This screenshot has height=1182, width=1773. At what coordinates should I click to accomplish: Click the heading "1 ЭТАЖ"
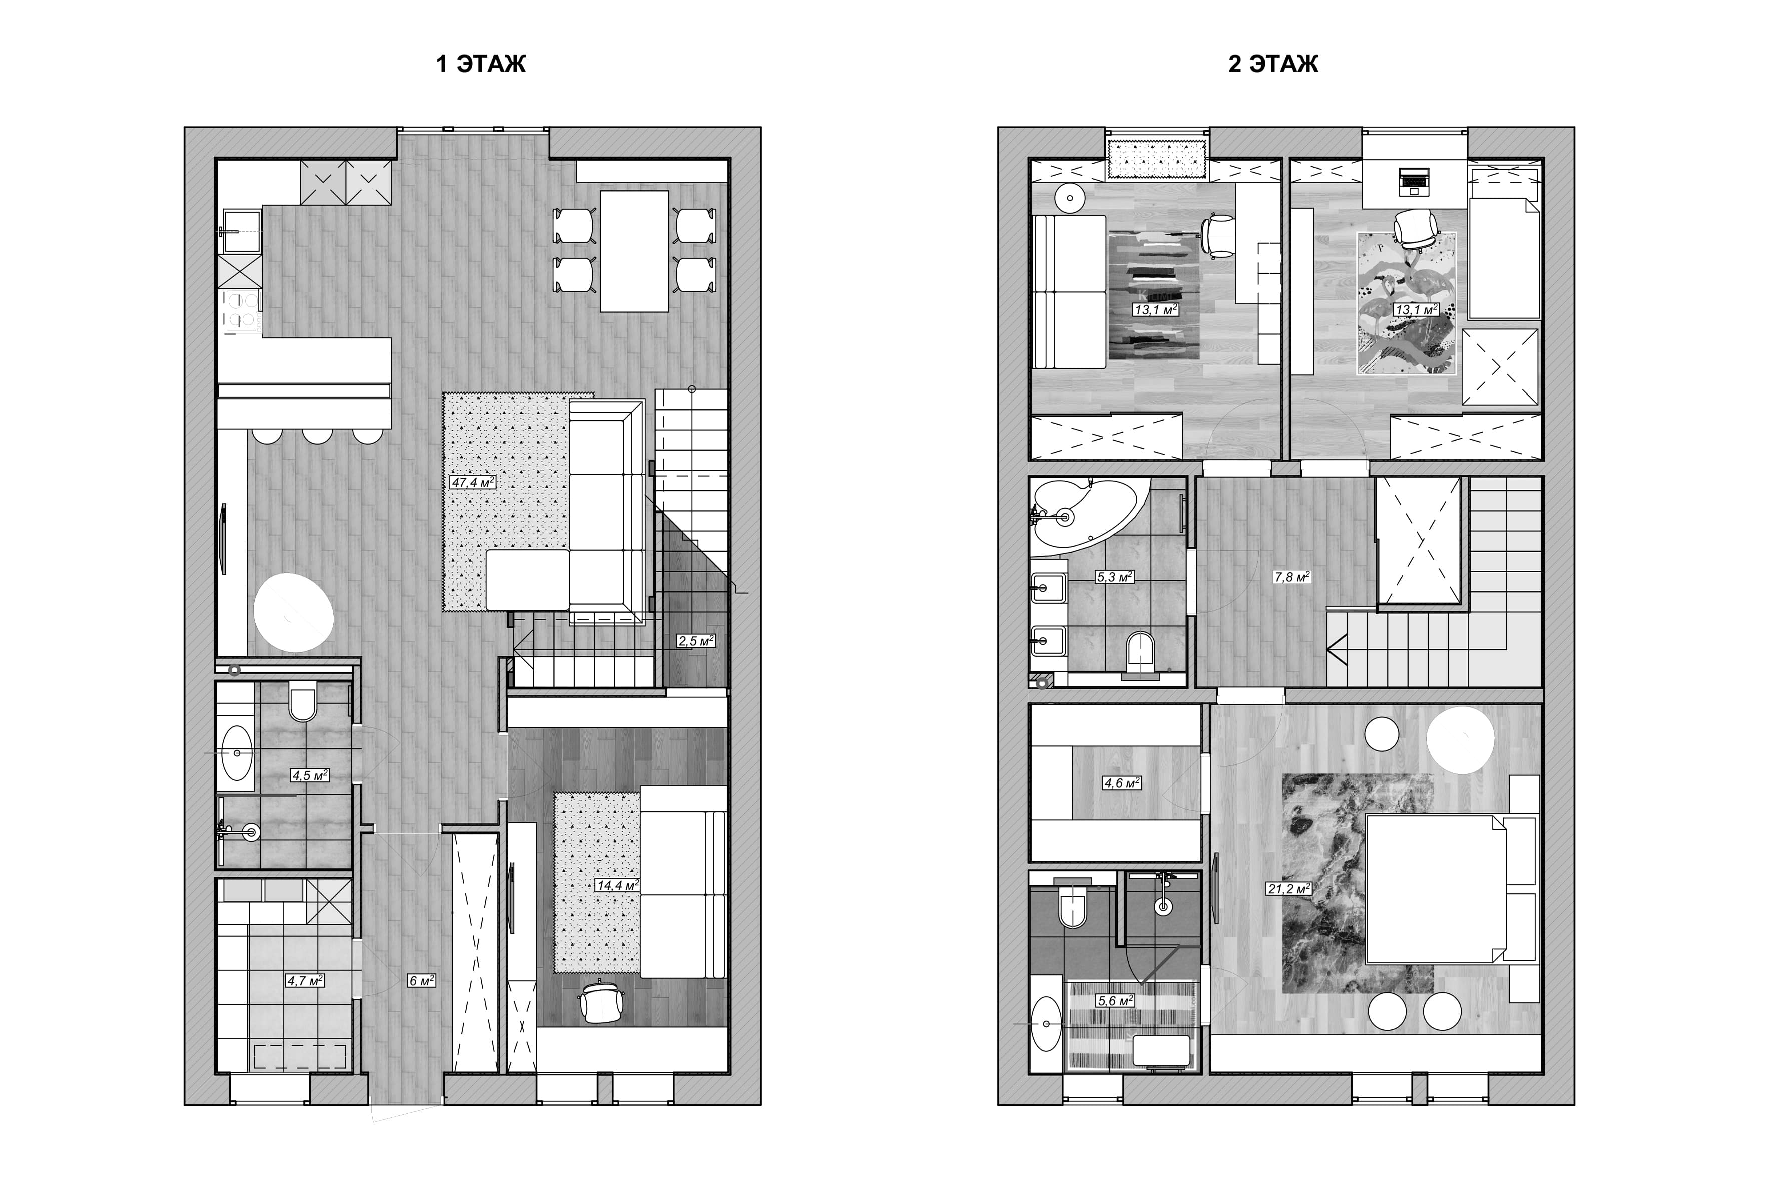481,64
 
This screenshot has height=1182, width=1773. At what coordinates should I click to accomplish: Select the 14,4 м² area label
618,885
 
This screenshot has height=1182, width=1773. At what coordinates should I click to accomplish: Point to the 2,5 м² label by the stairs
695,641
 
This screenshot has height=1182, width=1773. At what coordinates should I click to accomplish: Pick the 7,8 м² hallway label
1291,577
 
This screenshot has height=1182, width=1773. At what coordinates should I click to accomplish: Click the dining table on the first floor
634,251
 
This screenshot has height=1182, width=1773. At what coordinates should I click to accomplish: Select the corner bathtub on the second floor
1085,514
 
